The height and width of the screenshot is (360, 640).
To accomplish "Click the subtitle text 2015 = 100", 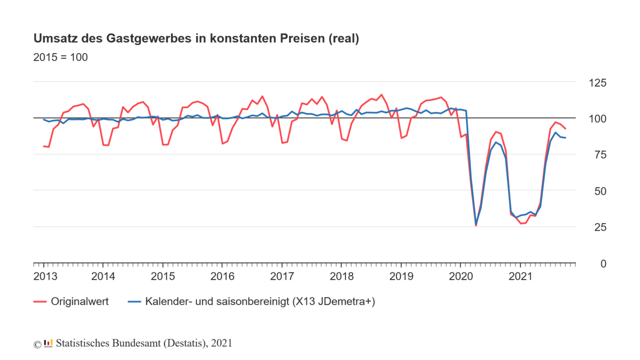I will [x=60, y=57].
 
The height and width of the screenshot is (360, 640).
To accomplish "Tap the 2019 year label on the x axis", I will [x=401, y=276].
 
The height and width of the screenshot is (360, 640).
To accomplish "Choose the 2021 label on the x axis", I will [x=520, y=276].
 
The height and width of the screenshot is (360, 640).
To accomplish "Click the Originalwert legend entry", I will [x=79, y=301].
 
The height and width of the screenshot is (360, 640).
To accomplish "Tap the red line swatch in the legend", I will [x=39, y=301].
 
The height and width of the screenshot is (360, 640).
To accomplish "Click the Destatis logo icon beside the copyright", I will [x=48, y=343].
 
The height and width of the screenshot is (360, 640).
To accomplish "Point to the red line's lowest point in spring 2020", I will [x=475, y=225].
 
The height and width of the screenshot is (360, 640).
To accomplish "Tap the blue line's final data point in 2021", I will [x=565, y=137].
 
